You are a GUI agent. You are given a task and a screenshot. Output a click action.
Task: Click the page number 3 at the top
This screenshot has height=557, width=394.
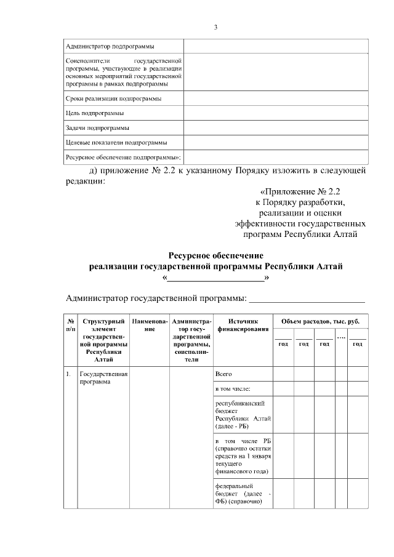pyautogui.click(x=215, y=27)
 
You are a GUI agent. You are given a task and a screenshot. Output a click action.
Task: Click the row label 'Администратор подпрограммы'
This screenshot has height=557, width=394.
pyautogui.click(x=110, y=46)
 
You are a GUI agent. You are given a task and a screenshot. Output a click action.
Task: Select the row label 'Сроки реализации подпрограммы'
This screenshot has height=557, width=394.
pyautogui.click(x=113, y=98)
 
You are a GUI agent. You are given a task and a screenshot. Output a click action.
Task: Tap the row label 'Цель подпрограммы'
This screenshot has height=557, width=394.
pyautogui.click(x=94, y=113)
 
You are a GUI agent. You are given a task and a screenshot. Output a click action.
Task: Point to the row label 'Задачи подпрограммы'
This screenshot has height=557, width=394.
pyautogui.click(x=97, y=128)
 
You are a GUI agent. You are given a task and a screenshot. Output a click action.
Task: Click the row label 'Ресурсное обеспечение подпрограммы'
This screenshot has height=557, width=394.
pyautogui.click(x=123, y=158)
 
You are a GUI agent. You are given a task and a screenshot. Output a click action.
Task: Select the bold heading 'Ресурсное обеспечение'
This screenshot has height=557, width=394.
pyautogui.click(x=215, y=255)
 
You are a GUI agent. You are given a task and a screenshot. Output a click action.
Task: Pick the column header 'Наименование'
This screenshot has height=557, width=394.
pyautogui.click(x=150, y=325)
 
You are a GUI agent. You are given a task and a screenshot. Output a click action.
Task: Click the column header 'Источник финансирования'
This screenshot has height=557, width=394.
pyautogui.click(x=243, y=325)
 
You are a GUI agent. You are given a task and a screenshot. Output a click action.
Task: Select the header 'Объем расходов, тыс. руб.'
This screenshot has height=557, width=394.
pyautogui.click(x=320, y=321)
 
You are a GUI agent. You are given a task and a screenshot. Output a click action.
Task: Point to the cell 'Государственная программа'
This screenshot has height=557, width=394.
pyautogui.click(x=103, y=377)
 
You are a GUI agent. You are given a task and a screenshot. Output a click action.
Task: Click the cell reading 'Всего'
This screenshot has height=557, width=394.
pyautogui.click(x=223, y=374)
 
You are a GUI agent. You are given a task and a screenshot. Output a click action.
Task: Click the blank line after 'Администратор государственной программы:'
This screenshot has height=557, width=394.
pyautogui.click(x=306, y=300)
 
